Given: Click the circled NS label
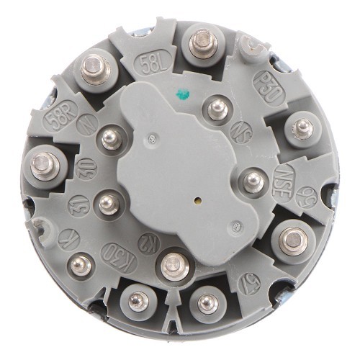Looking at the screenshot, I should coord(243,134).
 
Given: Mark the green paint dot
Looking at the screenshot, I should coord(182,93).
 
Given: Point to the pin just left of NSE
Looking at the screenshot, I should coord(252,179).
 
